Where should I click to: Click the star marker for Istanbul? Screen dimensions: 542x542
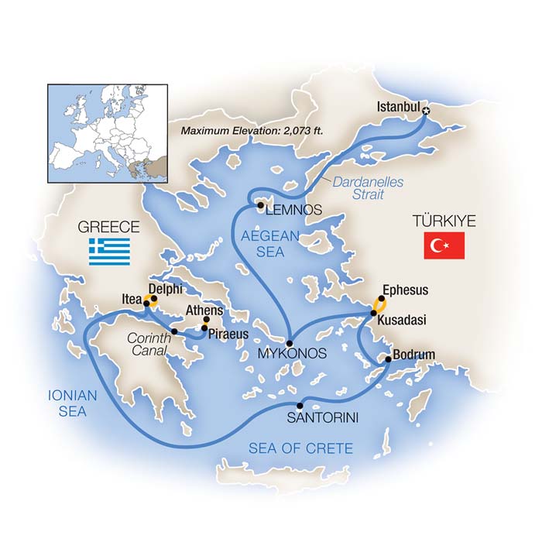(425, 112)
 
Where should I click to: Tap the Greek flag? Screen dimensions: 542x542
(109, 252)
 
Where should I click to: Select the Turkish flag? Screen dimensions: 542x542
(444, 246)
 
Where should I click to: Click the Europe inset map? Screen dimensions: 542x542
(108, 129)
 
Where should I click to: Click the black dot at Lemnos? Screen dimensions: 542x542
(260, 205)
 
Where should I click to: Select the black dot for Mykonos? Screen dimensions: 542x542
(289, 342)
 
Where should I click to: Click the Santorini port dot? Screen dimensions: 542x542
(300, 405)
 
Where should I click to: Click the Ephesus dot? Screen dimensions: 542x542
(381, 298)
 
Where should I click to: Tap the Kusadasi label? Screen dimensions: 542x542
(403, 319)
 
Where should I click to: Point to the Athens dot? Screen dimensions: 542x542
(207, 320)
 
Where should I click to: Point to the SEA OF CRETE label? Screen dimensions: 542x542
(300, 448)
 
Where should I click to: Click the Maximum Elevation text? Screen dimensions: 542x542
(251, 130)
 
